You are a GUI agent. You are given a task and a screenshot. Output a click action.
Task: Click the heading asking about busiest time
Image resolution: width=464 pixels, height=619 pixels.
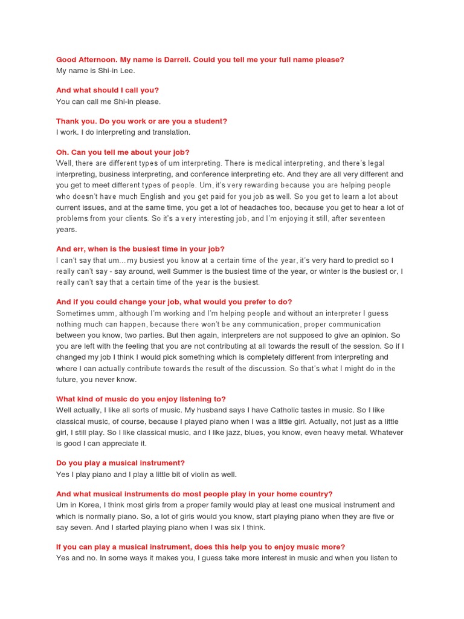click(140, 248)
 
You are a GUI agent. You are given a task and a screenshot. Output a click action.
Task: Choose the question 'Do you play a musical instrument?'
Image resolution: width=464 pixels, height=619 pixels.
click(120, 463)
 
